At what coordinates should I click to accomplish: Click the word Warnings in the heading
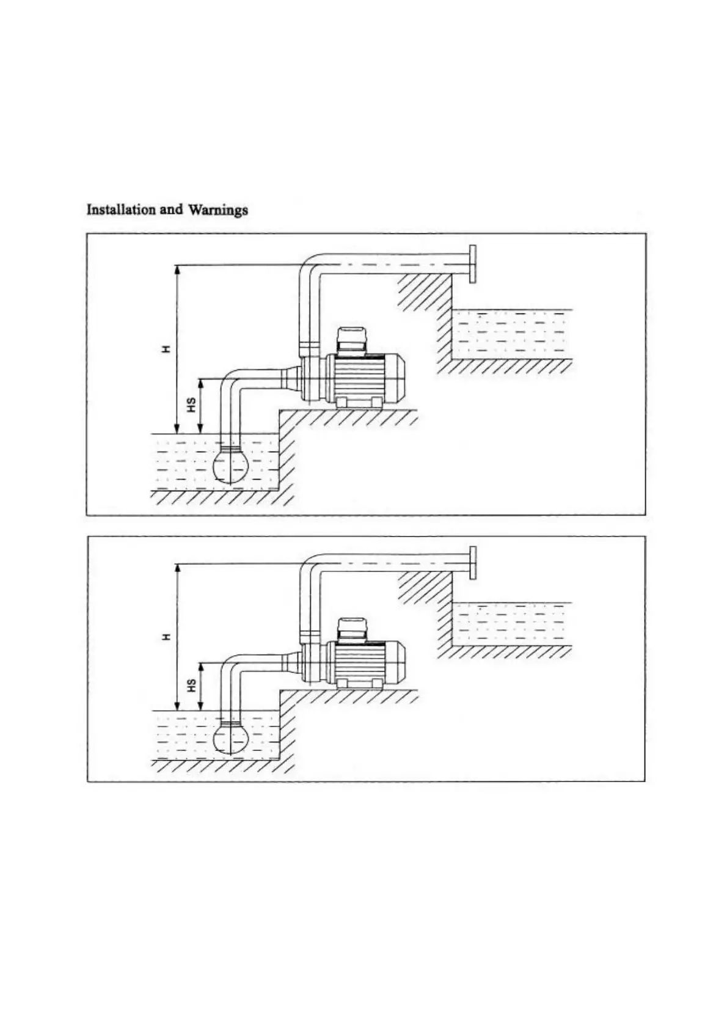click(218, 210)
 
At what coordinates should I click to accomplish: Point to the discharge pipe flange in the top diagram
click(472, 263)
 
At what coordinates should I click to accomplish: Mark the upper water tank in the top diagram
click(511, 334)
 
